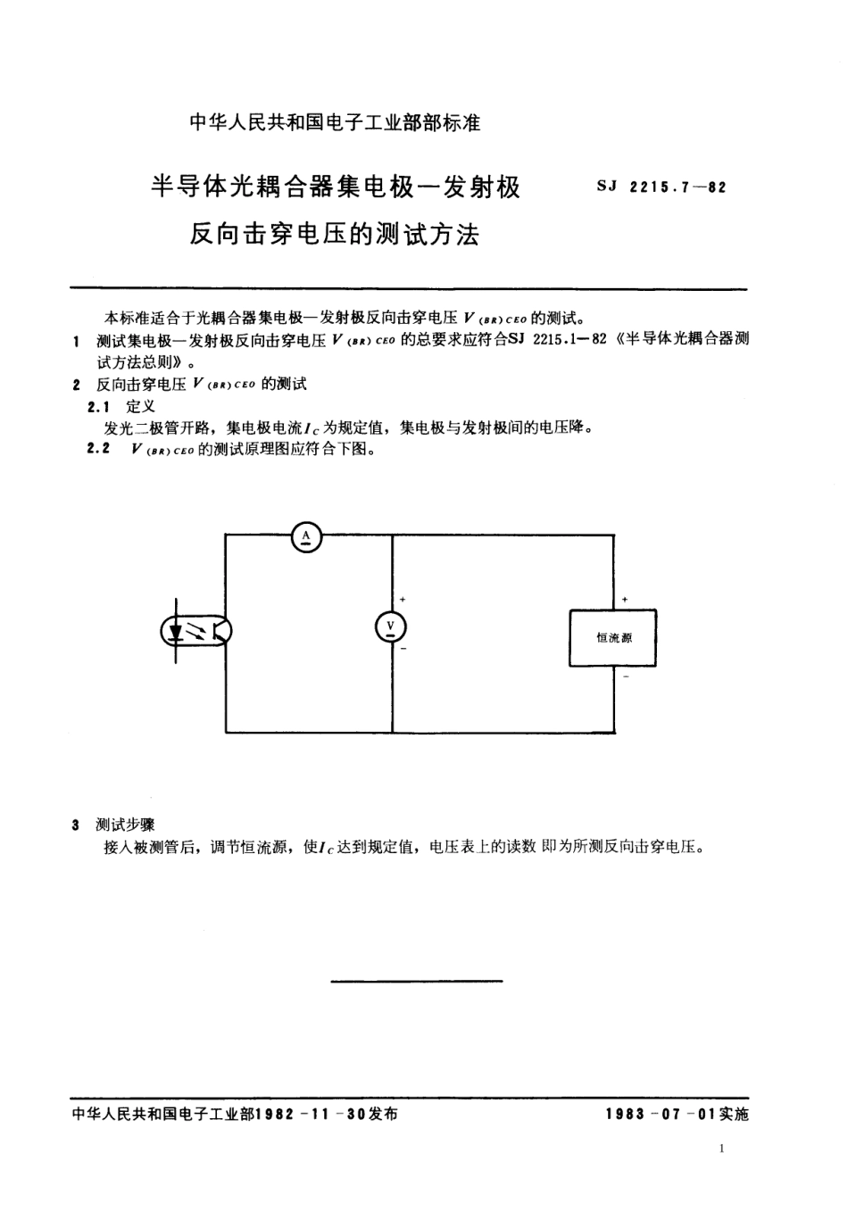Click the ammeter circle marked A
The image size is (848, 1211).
pyautogui.click(x=306, y=535)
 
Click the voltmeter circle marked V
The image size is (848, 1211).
pyautogui.click(x=390, y=627)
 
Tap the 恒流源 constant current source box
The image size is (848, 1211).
pyautogui.click(x=613, y=638)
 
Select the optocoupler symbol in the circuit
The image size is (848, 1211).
pyautogui.click(x=195, y=632)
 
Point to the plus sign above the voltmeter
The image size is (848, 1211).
pyautogui.click(x=403, y=600)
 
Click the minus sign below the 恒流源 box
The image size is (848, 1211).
pyautogui.click(x=626, y=677)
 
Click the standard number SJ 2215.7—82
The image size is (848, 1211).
pyautogui.click(x=660, y=187)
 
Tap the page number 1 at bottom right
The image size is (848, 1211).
pyautogui.click(x=721, y=1149)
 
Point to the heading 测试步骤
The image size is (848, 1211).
pyautogui.click(x=125, y=825)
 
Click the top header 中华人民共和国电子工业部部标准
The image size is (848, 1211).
pyautogui.click(x=335, y=123)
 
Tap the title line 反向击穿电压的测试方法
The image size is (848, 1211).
pyautogui.click(x=335, y=235)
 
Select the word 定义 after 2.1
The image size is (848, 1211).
pyautogui.click(x=140, y=406)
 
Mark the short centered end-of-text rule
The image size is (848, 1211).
pyautogui.click(x=416, y=982)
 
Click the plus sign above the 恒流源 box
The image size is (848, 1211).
pyautogui.click(x=625, y=599)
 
